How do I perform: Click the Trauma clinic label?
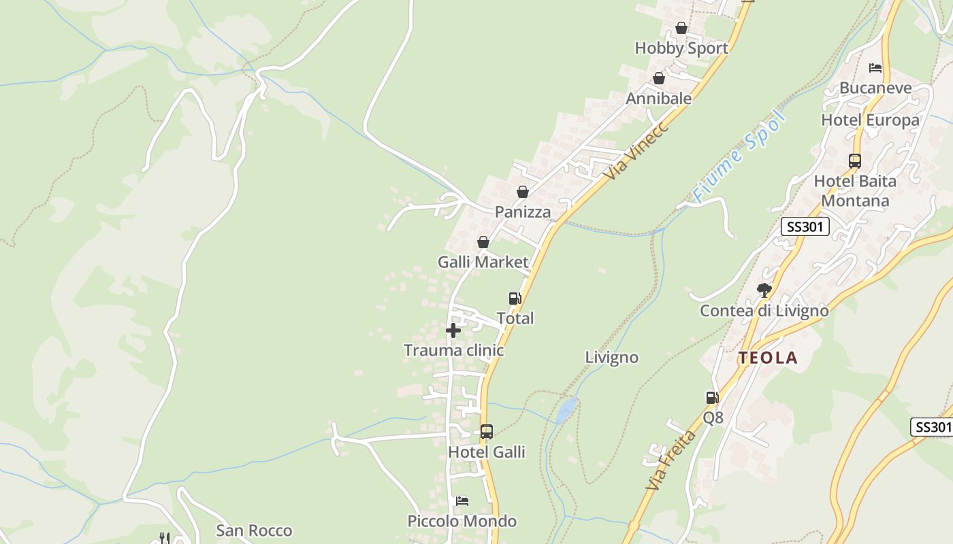[x=453, y=350]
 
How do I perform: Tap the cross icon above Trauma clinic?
[x=453, y=330]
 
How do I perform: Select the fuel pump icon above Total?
[x=515, y=298]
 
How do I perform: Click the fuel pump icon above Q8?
[x=712, y=398]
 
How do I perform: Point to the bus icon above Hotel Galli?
[x=487, y=431]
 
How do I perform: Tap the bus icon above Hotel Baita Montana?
[x=855, y=161]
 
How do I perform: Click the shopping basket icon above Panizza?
[x=523, y=192]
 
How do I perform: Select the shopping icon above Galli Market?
[x=483, y=242]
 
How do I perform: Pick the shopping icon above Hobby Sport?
[x=681, y=28]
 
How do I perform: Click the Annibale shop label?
[x=658, y=99]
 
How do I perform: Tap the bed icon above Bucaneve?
[x=875, y=67]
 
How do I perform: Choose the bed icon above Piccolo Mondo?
[x=462, y=501]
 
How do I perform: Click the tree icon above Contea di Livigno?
[x=764, y=290]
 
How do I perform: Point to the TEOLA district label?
[x=768, y=358]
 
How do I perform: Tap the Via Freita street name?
[x=671, y=460]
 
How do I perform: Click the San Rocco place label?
[x=254, y=530]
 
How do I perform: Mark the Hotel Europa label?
[x=870, y=120]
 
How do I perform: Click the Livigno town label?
[x=612, y=358]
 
